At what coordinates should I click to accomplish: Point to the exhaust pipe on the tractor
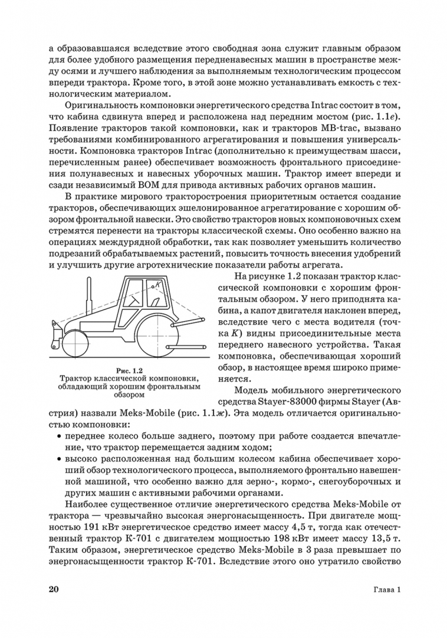(88, 295)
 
